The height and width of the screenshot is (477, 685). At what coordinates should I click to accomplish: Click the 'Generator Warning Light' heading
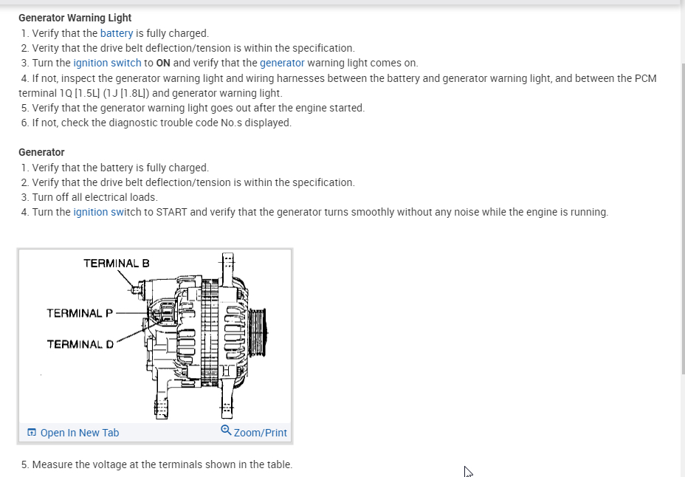coord(75,18)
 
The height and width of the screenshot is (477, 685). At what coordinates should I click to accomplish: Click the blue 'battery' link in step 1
coord(117,33)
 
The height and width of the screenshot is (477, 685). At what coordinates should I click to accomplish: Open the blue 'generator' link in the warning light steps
coord(282,63)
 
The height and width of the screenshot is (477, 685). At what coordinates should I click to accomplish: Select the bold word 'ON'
coord(163,63)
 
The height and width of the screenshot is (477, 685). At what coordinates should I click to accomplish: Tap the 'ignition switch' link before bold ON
coord(107,63)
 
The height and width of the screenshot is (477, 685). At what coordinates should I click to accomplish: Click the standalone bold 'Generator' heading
coord(41,152)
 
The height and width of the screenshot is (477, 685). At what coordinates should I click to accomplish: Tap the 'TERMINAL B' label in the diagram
coord(116,263)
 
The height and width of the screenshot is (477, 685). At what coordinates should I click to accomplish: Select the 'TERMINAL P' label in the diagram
coord(80,313)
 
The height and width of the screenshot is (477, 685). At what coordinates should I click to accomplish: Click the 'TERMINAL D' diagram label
coord(80,344)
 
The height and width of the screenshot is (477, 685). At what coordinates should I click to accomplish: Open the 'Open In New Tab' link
coord(79,433)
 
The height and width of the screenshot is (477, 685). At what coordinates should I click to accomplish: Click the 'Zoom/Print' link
coord(260,433)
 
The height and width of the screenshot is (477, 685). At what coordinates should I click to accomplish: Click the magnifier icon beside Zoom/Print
coord(226,430)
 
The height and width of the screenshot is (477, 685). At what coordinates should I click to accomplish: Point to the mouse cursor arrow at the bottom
coord(467,470)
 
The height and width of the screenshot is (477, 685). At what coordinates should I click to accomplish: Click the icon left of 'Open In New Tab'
coord(31,433)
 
